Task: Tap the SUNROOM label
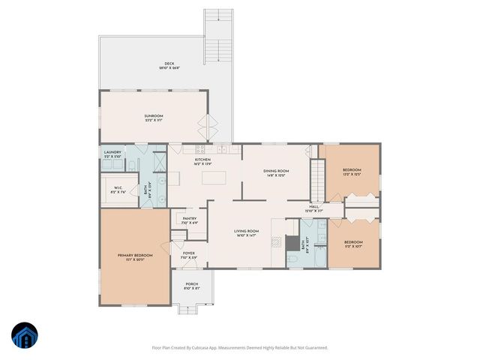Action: click(x=154, y=116)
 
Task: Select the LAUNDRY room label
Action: click(x=112, y=153)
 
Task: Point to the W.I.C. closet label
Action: click(x=118, y=188)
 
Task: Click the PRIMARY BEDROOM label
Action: click(x=135, y=256)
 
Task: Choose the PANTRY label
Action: click(x=189, y=220)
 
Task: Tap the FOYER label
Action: click(x=189, y=254)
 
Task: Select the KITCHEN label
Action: click(x=203, y=160)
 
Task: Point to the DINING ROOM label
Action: click(x=276, y=172)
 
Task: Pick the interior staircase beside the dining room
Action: click(x=317, y=181)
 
